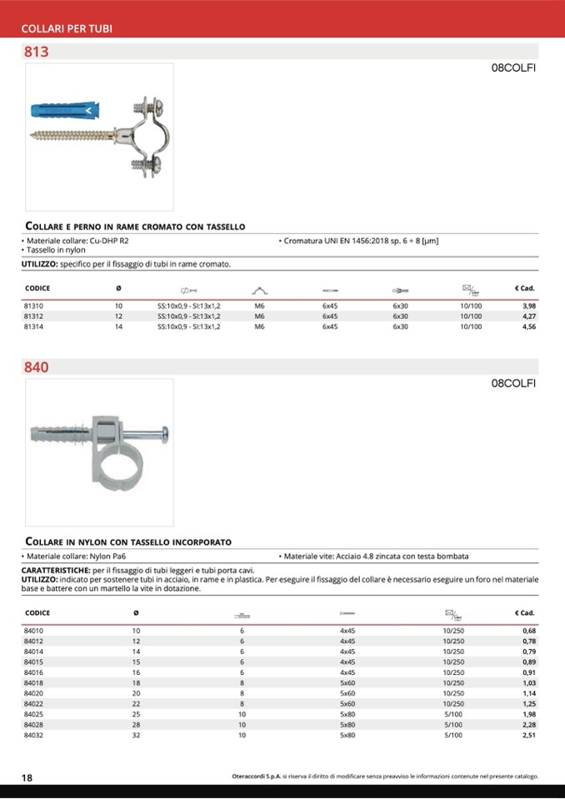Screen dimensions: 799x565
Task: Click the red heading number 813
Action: (37, 52)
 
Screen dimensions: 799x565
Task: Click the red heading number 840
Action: (37, 367)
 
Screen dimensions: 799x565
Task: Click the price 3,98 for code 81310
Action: (527, 307)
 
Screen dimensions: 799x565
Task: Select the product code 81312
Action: (34, 317)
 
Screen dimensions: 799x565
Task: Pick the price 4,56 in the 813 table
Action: (527, 327)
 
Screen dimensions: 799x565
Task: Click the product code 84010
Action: (34, 631)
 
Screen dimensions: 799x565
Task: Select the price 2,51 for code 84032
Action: (527, 736)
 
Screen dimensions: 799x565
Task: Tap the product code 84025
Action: (34, 715)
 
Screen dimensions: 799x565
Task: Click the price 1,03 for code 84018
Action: (527, 683)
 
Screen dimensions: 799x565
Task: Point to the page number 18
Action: (27, 778)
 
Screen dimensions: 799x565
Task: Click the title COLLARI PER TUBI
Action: (67, 29)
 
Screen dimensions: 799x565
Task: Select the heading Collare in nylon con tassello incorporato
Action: (128, 542)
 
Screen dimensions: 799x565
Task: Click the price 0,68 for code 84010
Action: (527, 631)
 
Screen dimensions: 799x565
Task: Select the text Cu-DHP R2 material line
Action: (77, 241)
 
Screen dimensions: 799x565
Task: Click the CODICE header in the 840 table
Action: (37, 613)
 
